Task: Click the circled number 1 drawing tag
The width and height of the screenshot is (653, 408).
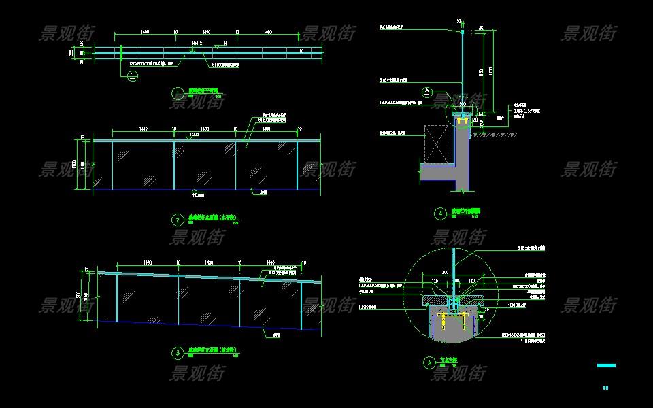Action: tap(178, 93)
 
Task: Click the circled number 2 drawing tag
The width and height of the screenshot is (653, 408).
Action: tap(178, 220)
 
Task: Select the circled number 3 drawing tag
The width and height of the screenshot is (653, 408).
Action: tap(178, 352)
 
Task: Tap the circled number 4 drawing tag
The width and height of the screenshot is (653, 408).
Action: tap(441, 213)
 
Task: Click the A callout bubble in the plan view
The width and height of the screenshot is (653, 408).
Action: tap(133, 77)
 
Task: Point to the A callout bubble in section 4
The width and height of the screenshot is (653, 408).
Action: tap(427, 91)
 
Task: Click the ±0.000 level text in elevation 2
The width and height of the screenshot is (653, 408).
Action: tap(199, 196)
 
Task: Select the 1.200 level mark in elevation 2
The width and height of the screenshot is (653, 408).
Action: tap(195, 134)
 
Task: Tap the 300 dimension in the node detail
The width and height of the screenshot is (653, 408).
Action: tap(446, 271)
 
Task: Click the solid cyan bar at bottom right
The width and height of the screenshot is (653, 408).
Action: tap(605, 366)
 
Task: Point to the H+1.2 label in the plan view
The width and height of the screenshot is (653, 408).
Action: tap(197, 43)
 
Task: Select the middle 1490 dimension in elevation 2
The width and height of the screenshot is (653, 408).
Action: tap(206, 128)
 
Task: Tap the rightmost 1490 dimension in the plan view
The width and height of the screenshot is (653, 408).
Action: tap(267, 32)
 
